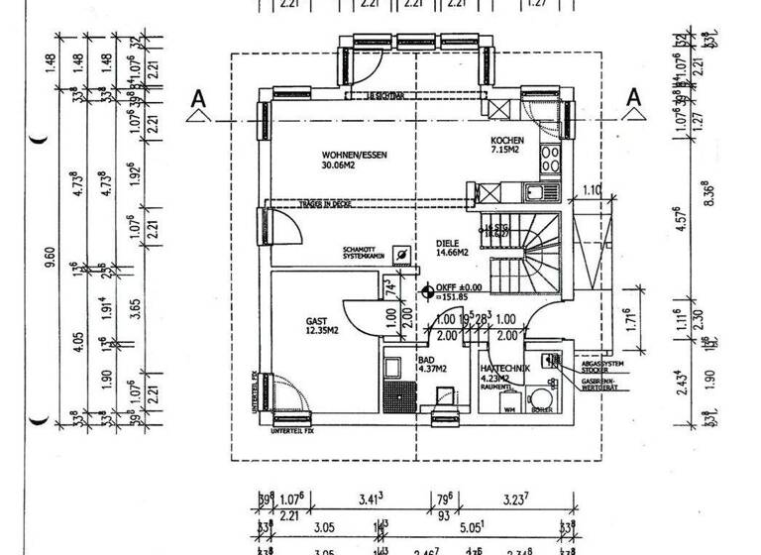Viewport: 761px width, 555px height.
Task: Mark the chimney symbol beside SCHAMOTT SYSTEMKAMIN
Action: pyautogui.click(x=400, y=255)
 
